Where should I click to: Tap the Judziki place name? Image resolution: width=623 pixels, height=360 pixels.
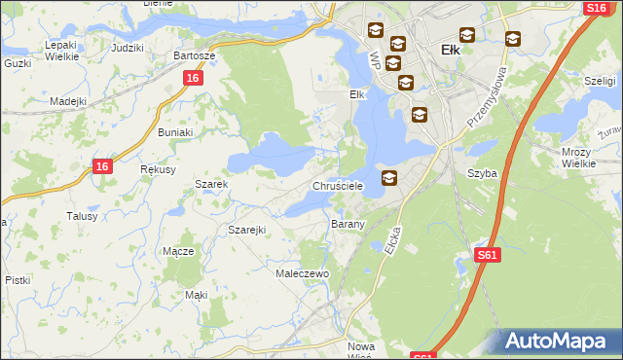128,48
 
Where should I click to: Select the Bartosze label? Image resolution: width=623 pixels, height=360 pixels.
194,55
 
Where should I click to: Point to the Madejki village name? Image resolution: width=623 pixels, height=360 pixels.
68,101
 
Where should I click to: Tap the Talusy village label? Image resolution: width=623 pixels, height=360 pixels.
82,216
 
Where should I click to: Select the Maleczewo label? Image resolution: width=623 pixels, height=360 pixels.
304,274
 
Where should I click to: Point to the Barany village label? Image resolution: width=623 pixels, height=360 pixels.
348,224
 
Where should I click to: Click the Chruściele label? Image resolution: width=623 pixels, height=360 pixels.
338,185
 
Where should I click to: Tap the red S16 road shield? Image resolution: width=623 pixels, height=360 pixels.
597,8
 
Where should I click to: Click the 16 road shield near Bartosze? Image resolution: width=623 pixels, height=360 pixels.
193,78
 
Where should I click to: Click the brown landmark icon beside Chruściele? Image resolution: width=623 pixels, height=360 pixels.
389,177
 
